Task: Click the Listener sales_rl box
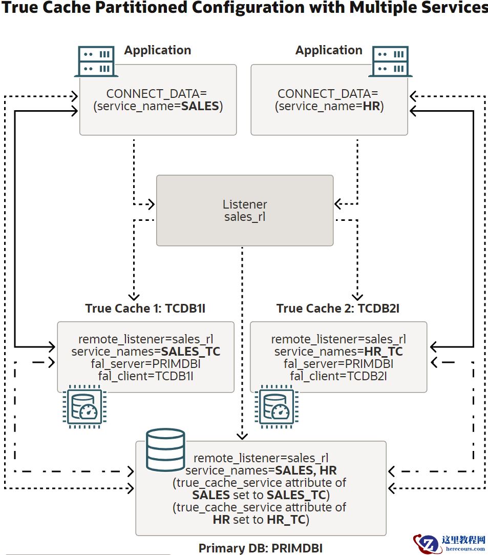pos(245,211)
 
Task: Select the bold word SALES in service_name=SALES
pos(200,107)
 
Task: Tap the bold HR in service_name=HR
pos(373,107)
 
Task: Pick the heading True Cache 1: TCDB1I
pos(145,309)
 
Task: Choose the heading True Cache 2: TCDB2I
pos(338,309)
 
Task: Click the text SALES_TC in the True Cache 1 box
pos(190,352)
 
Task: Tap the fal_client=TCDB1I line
pos(145,376)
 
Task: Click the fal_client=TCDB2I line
pos(338,376)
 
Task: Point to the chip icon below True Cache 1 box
pos(84,408)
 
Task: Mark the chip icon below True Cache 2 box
pos(277,408)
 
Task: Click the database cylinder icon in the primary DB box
pos(165,450)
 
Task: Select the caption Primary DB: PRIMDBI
pos(261,548)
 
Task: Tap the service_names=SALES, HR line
pos(261,470)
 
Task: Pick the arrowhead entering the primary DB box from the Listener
pos(242,436)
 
